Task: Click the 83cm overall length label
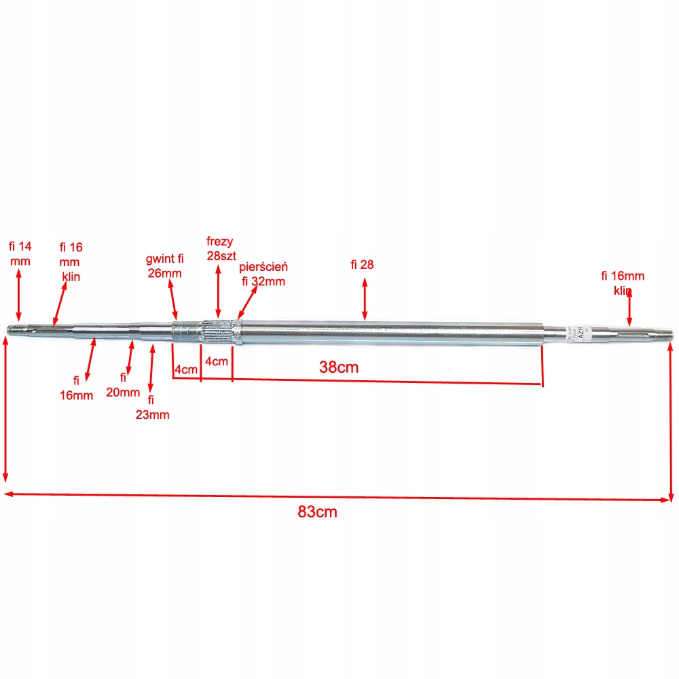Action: point(317,512)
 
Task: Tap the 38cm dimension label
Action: point(339,367)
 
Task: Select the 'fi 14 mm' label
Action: point(20,253)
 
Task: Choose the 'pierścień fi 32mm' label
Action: point(263,274)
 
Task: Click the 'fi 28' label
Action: point(363,265)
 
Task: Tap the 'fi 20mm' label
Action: point(124,384)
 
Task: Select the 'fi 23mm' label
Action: point(152,407)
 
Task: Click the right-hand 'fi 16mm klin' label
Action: point(623,282)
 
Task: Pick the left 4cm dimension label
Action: point(185,370)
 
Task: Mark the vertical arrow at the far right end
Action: point(671,421)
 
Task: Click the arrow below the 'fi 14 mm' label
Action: point(19,293)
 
